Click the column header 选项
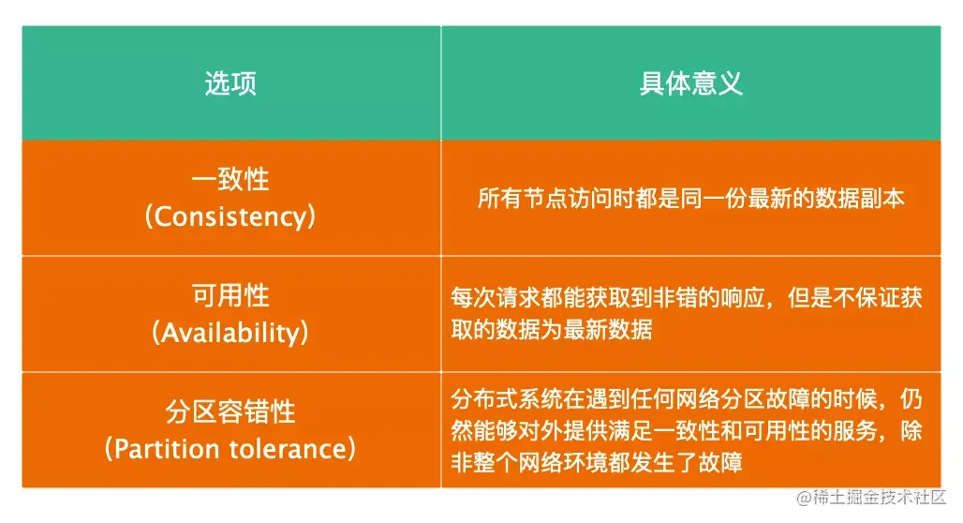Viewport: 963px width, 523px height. (230, 83)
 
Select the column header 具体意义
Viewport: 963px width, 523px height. (691, 83)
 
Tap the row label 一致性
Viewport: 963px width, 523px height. (230, 179)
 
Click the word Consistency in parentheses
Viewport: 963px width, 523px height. (230, 217)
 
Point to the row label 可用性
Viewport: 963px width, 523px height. (230, 295)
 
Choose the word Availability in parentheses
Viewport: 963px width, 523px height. (230, 333)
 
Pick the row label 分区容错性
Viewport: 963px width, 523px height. (230, 411)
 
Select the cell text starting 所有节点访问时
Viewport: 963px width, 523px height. (691, 199)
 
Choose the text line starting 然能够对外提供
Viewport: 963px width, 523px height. (688, 431)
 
